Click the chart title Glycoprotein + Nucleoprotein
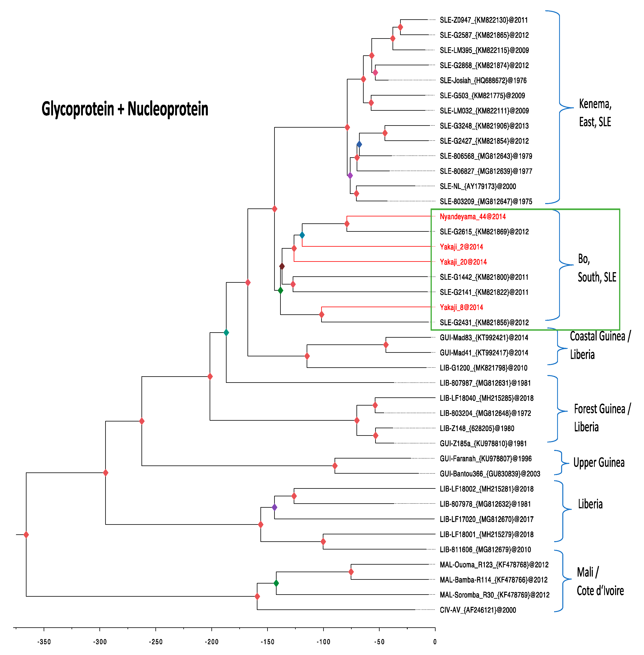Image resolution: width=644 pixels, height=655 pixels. [125, 109]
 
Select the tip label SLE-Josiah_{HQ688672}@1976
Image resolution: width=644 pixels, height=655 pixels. [483, 80]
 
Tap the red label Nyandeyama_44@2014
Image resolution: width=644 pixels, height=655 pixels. [472, 217]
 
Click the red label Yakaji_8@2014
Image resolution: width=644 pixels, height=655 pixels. [461, 307]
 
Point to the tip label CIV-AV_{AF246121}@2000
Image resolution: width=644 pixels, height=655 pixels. [478, 610]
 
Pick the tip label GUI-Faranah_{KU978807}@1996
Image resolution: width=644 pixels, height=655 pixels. [485, 459]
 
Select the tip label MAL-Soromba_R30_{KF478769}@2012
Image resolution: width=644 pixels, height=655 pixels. [495, 595]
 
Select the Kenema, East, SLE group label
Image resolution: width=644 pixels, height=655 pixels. [595, 112]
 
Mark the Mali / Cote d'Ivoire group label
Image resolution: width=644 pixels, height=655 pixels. [600, 581]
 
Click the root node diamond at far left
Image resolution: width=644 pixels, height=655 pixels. [26, 535]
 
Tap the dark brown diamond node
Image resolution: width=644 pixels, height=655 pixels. [282, 266]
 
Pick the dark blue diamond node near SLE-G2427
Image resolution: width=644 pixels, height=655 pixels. [359, 144]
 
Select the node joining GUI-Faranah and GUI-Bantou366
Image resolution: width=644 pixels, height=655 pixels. [335, 466]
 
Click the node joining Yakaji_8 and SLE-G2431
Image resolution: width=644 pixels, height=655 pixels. [321, 315]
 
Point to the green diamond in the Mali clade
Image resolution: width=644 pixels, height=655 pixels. [276, 583]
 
